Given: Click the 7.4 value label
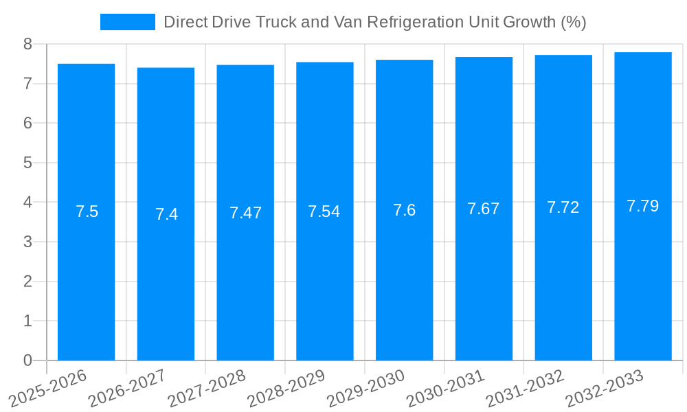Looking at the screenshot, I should (166, 214).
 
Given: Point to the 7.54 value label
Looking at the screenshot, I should (324, 211).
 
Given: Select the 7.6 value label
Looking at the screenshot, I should (404, 210).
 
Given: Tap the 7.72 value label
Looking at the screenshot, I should (563, 207).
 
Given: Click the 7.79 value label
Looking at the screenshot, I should (642, 206).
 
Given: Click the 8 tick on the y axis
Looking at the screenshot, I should (27, 44).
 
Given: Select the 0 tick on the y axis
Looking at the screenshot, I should (27, 360).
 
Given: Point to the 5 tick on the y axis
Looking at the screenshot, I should (27, 163).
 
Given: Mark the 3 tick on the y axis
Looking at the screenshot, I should (27, 242).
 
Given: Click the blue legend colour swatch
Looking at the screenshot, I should (128, 22).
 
